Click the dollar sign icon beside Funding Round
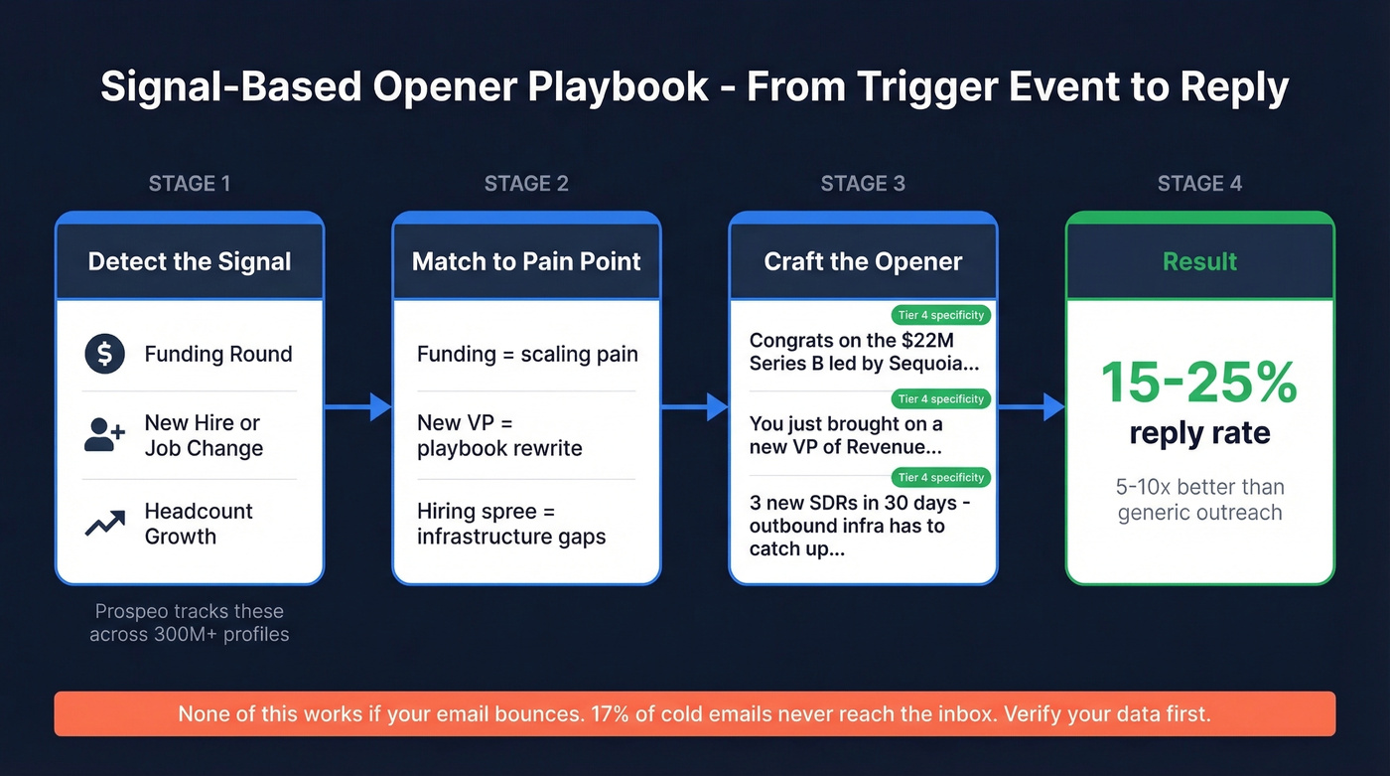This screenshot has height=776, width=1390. [x=104, y=354]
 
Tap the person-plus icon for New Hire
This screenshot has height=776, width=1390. [x=104, y=435]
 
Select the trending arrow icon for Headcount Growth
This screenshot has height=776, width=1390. [x=104, y=524]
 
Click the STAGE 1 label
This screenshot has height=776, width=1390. [x=189, y=184]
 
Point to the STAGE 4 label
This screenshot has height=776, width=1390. [x=1199, y=184]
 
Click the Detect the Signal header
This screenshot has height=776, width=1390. [x=190, y=261]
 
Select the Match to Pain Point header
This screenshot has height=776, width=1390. [x=526, y=261]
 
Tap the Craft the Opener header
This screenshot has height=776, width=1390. [x=863, y=261]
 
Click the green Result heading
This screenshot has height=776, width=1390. [x=1199, y=261]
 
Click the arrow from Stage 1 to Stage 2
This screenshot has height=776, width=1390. [x=357, y=406]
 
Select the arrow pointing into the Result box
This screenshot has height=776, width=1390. [x=1031, y=406]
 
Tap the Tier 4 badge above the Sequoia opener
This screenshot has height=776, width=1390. [x=940, y=315]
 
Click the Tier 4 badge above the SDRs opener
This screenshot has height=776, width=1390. [x=940, y=477]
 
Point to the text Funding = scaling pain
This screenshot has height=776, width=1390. [x=527, y=355]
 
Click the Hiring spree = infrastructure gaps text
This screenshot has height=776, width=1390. [x=511, y=525]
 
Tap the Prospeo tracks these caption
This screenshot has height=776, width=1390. [x=189, y=611]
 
